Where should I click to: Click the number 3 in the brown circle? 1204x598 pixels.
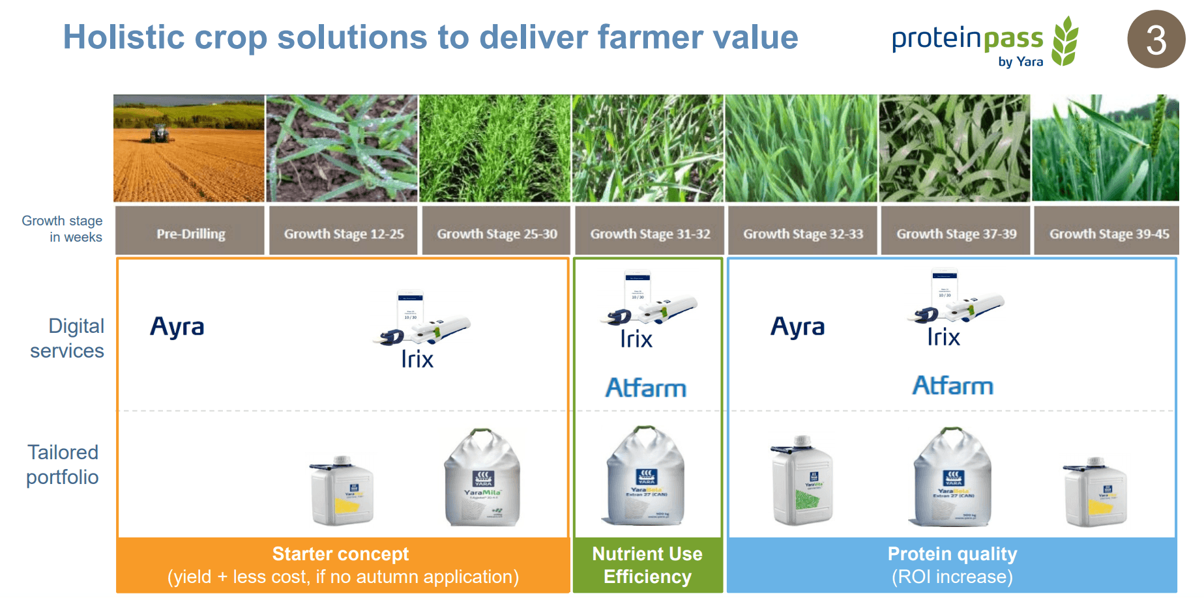pos(1156,40)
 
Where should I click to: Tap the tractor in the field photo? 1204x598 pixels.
pos(159,134)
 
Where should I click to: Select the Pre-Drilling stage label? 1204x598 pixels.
pos(190,233)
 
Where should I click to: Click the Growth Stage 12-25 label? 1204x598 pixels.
pos(344,233)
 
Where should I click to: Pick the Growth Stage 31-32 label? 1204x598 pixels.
pos(650,233)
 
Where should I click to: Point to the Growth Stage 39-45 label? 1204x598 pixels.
pos(1109,233)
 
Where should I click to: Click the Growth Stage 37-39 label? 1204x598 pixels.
pos(956,233)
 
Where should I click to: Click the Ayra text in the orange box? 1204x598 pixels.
pos(177,326)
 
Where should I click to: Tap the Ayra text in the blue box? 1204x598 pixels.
pos(798,326)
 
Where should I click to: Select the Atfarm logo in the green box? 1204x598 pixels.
pos(645,388)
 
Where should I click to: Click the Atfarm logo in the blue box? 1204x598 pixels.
pos(952,386)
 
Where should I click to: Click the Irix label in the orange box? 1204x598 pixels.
pos(417,359)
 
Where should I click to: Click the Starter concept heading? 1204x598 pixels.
pos(340,554)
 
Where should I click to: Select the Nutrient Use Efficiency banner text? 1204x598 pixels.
pos(647,565)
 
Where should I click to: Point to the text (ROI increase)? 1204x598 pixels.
pos(952,577)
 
